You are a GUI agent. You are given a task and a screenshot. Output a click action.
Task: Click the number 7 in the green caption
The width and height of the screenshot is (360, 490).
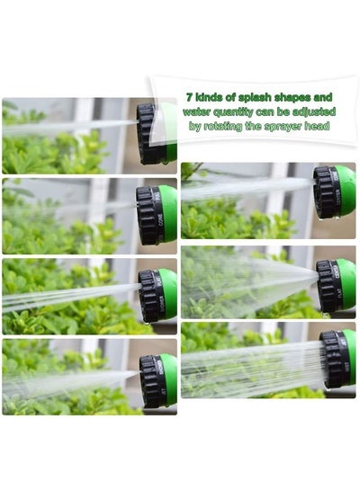click(189, 97)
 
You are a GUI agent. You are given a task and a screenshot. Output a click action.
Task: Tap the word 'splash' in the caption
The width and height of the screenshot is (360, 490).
click(255, 97)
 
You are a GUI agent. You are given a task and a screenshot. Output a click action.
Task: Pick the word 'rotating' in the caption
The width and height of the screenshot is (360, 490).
click(222, 126)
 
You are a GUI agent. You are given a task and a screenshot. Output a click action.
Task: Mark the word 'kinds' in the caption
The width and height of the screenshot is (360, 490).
click(208, 97)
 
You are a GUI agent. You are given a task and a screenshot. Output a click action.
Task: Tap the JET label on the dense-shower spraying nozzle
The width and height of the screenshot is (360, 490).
click(343, 340)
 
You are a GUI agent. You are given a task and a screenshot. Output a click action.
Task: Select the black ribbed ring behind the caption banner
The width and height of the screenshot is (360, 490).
click(146, 134)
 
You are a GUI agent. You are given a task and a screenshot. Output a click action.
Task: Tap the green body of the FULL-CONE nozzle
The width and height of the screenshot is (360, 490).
click(168, 215)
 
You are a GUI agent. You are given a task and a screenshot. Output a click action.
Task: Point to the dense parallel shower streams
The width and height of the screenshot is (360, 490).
click(253, 369)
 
